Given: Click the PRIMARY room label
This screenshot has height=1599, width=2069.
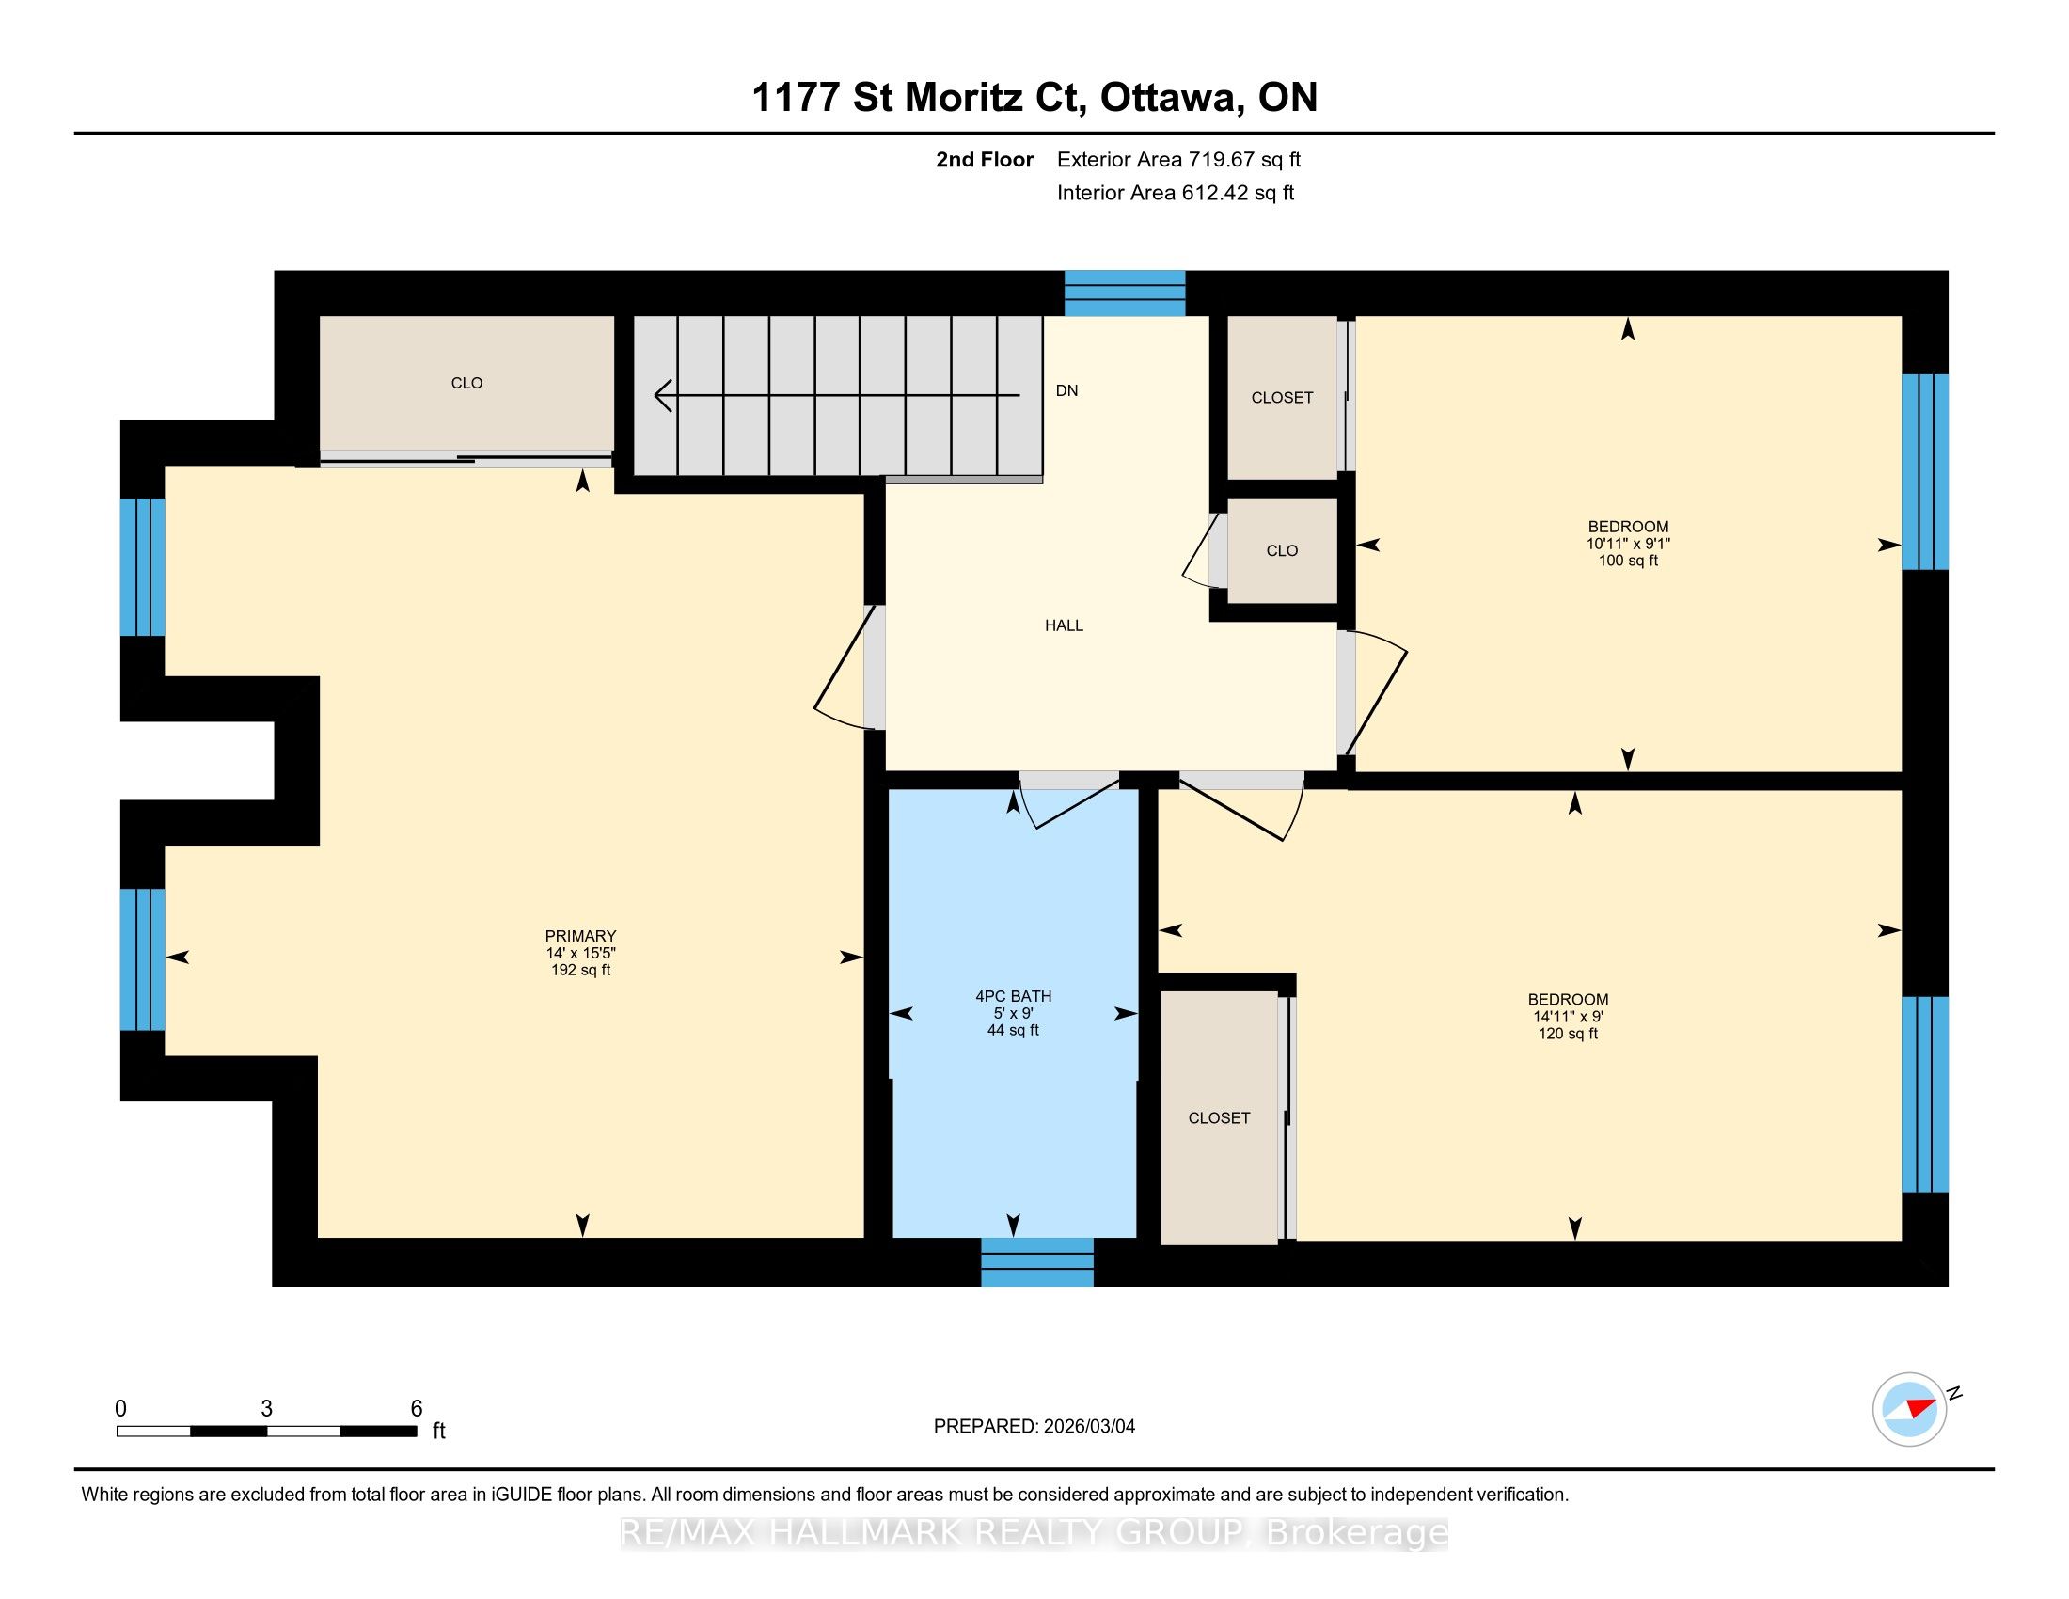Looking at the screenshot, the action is (x=580, y=936).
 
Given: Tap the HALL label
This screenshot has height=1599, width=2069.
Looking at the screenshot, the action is (x=1064, y=625).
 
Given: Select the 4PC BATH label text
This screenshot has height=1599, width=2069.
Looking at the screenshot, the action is (x=1014, y=995).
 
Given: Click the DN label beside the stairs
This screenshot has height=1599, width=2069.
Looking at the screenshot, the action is (x=1066, y=390).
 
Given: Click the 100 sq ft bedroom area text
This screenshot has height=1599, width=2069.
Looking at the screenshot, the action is (x=1629, y=561).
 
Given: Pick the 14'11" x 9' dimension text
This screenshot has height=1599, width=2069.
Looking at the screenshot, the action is (x=1568, y=1017).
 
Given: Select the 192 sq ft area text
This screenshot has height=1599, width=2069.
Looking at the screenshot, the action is (x=580, y=970).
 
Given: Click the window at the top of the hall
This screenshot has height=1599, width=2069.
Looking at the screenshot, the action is (x=1125, y=293).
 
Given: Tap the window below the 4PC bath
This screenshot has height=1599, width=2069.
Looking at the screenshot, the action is (x=1037, y=1261).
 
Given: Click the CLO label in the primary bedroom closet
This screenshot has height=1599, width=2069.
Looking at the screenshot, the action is (x=467, y=383).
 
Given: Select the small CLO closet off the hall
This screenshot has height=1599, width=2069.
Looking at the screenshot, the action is (x=1283, y=550).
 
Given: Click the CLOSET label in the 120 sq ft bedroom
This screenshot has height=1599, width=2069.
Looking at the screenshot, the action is (x=1219, y=1117).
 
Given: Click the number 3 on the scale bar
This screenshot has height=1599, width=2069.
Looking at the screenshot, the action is (x=267, y=1409).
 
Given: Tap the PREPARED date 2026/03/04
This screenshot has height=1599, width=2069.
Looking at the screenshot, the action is (x=1088, y=1427).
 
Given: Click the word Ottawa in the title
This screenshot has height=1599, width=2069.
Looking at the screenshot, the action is (x=1171, y=97).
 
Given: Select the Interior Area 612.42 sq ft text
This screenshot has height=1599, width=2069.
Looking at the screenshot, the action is (x=1176, y=193).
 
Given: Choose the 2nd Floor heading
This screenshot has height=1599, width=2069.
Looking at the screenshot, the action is (x=985, y=159).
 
